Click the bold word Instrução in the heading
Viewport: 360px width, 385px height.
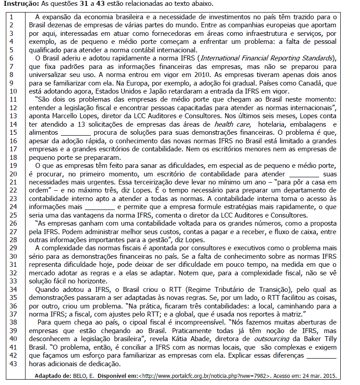[18, 4]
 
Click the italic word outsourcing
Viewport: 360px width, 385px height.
[275, 340]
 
